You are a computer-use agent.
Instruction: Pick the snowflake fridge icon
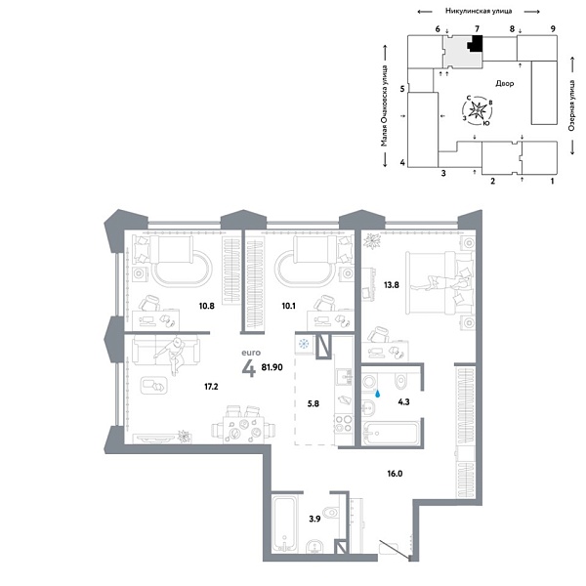(304, 345)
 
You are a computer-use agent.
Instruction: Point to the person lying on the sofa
(177, 354)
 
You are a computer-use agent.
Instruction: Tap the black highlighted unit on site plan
(476, 44)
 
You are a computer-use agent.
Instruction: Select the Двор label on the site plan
(505, 84)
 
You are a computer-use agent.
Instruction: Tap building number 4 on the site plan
(402, 162)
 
